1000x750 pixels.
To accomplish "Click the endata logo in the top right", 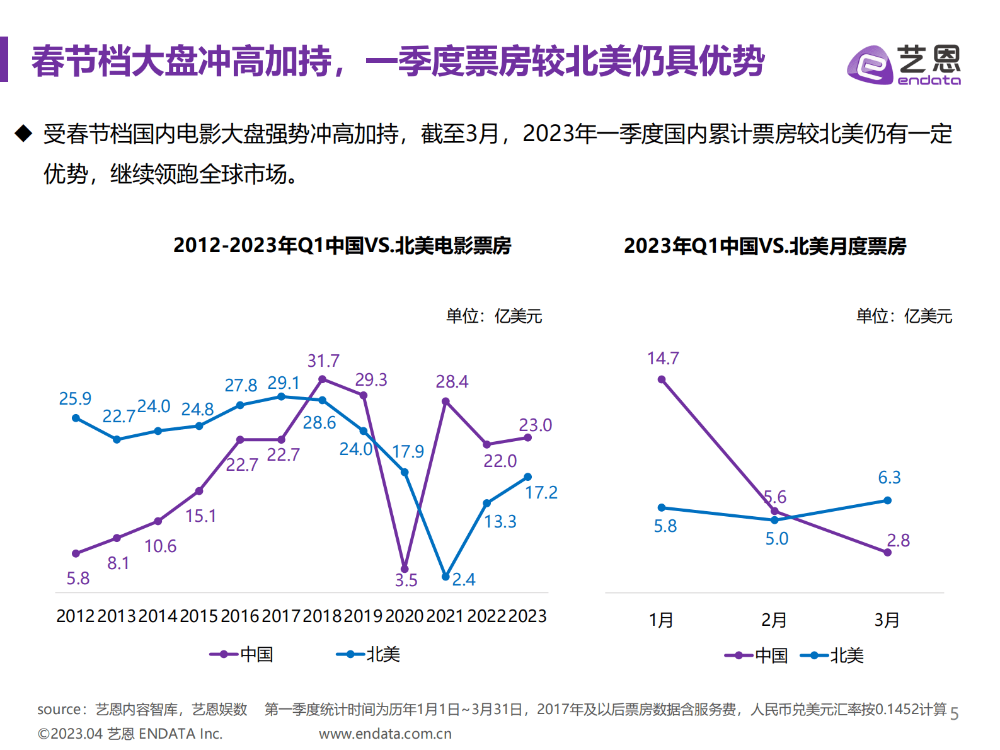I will coord(904,64).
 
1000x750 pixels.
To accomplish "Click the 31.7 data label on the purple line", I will coord(323,361).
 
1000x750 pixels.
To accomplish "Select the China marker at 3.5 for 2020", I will coord(405,568).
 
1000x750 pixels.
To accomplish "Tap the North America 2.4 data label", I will coord(464,580).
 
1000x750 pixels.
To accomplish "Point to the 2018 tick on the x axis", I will coord(322,616).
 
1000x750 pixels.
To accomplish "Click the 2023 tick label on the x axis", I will coord(527,616).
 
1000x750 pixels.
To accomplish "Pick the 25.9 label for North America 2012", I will coord(75,399).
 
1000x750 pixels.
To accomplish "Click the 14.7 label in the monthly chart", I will coord(663,359).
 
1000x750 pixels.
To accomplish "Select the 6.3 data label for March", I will coord(889,478).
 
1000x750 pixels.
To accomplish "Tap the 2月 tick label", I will coord(774,620).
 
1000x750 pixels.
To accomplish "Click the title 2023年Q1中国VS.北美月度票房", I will coord(764,246).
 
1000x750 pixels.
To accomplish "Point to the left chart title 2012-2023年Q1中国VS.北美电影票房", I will coord(342,245).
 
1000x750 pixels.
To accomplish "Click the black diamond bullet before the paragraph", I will coord(23,134).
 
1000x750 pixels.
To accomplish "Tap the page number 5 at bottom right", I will coord(954,713).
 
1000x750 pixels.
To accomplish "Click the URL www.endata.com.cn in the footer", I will coord(385,734).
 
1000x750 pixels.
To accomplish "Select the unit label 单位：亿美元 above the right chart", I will coord(904,316).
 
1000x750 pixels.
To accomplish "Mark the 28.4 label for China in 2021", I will coord(452,382).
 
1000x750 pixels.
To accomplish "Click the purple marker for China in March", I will coord(887,552).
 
